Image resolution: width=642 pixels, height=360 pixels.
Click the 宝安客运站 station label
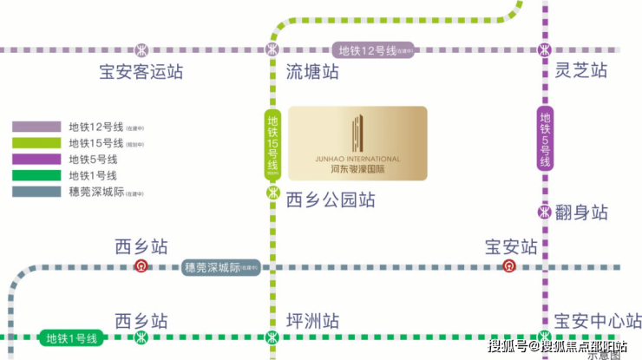click(x=141, y=73)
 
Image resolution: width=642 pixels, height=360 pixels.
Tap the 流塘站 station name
click(x=312, y=73)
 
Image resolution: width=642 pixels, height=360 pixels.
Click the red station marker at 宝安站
click(x=509, y=266)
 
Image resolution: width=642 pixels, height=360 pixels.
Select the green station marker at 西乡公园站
click(x=272, y=193)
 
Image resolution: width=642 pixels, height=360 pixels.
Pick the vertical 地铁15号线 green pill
click(x=272, y=143)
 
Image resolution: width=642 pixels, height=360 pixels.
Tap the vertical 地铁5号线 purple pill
click(x=545, y=140)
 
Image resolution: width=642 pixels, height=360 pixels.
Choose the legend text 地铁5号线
click(x=93, y=160)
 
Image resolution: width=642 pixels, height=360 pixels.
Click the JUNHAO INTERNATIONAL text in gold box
click(x=357, y=160)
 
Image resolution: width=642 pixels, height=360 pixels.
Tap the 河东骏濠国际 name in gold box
click(x=357, y=170)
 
